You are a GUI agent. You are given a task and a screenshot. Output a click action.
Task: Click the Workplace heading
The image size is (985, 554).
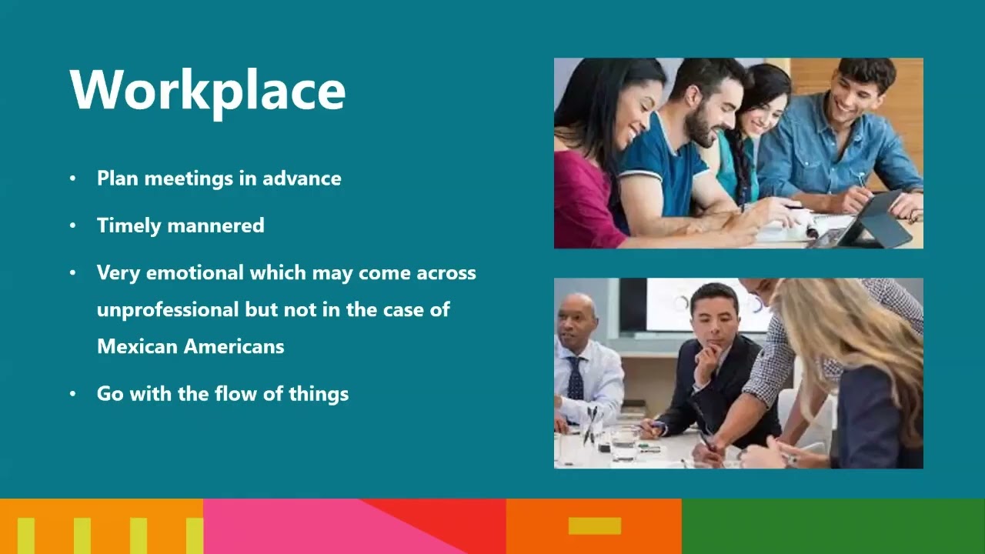(208, 91)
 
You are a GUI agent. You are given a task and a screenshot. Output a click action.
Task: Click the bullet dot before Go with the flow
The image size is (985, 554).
(73, 394)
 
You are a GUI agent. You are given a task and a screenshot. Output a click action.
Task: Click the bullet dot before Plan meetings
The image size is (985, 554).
(73, 179)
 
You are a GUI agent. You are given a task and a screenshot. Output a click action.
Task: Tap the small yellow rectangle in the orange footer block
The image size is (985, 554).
(594, 526)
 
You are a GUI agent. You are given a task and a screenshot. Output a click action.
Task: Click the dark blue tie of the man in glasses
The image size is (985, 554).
(575, 378)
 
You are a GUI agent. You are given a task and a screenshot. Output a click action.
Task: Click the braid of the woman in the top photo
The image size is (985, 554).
(741, 165)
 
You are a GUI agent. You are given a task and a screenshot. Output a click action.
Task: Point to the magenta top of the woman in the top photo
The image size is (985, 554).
(585, 204)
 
